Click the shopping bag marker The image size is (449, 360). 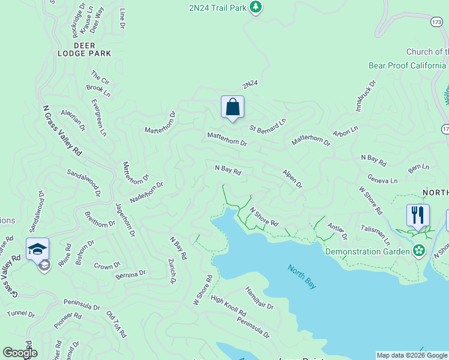232,108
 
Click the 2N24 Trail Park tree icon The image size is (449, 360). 256,7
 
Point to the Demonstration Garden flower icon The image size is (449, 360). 419,251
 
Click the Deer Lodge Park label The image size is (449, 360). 92,49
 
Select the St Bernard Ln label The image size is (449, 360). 268,125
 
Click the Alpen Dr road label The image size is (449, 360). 292,179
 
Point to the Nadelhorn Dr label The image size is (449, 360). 146,193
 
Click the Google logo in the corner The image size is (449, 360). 20,353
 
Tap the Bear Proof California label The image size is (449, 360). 408,65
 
